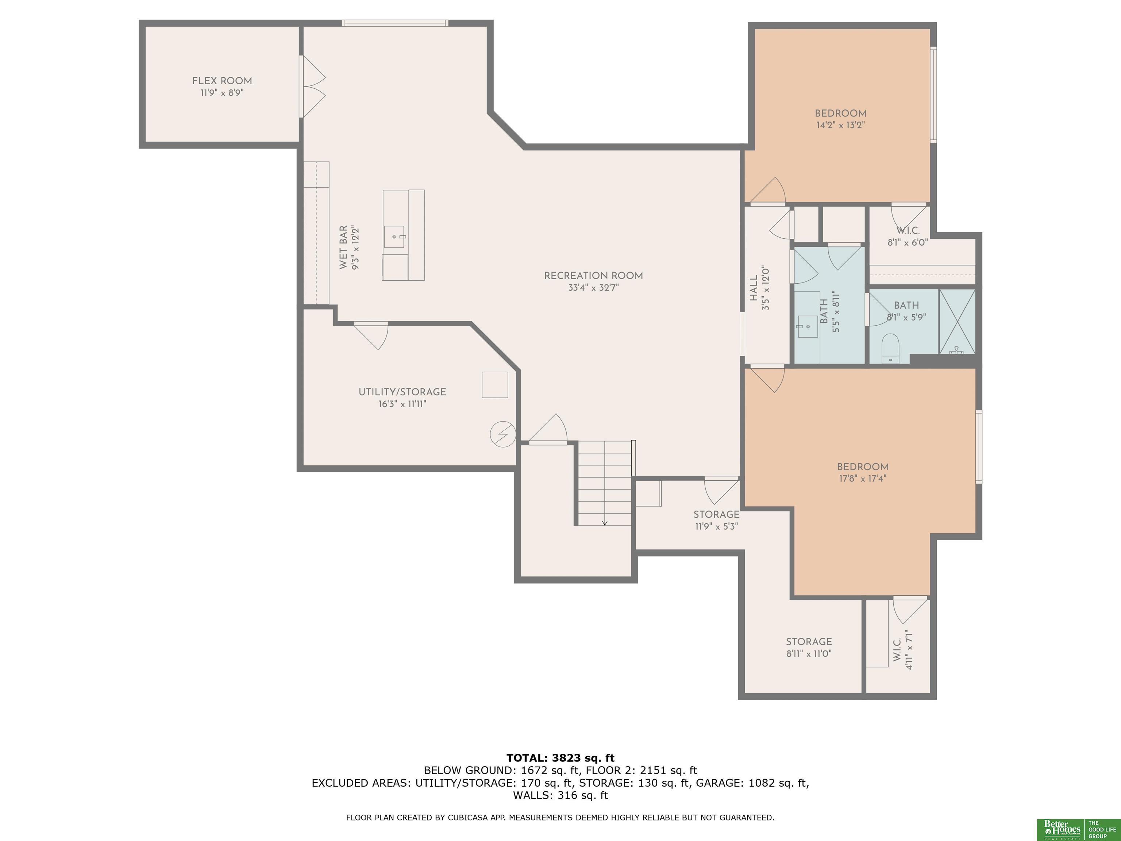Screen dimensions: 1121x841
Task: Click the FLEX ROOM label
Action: [222, 81]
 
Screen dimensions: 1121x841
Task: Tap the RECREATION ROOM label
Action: [593, 276]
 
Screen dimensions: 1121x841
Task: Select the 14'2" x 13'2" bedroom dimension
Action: [840, 125]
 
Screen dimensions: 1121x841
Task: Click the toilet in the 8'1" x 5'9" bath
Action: [890, 349]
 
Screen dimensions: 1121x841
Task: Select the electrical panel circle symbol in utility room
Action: [503, 434]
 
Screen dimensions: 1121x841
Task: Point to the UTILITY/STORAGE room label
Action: [402, 392]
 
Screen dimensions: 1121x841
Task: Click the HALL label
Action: [754, 288]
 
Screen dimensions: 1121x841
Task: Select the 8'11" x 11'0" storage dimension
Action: [809, 654]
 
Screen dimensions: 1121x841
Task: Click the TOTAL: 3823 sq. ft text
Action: [560, 758]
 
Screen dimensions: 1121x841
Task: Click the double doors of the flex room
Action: [313, 87]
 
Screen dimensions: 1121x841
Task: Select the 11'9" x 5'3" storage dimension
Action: [716, 526]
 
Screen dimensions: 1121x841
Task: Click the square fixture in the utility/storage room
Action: [494, 385]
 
